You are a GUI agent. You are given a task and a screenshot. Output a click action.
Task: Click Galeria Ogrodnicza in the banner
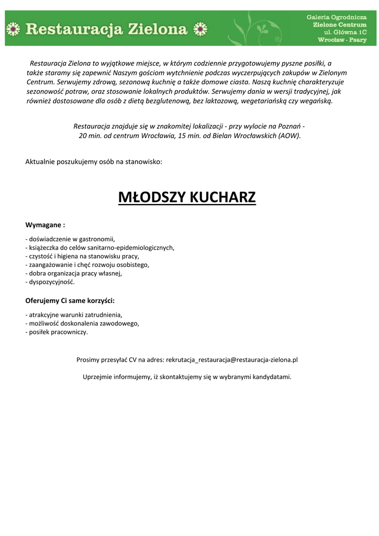[x=336, y=17]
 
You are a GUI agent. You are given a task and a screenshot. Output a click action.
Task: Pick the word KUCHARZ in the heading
[x=222, y=198]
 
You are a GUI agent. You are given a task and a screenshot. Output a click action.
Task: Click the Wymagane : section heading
[x=46, y=225]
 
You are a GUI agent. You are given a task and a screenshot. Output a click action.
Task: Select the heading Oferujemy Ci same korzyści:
[x=70, y=301]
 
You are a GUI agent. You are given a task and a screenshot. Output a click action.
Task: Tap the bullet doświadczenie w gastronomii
[x=70, y=239]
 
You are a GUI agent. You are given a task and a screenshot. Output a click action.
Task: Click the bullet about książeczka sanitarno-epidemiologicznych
[x=99, y=248]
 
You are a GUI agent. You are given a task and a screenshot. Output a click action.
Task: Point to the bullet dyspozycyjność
[x=50, y=282]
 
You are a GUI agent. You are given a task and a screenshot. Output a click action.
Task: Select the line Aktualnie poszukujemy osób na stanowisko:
[x=94, y=162]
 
